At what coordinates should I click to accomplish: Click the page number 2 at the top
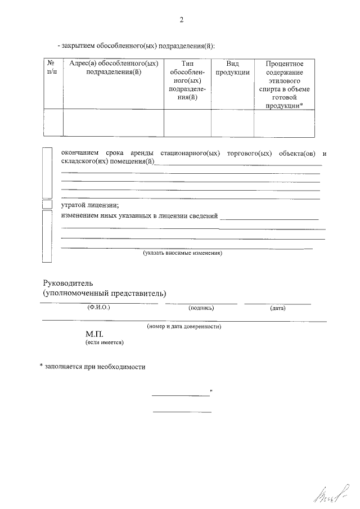pyautogui.click(x=181, y=20)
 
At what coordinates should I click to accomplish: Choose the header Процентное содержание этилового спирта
pyautogui.click(x=285, y=84)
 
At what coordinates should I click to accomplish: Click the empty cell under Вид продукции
pyautogui.click(x=232, y=123)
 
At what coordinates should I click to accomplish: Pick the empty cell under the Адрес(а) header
pyautogui.click(x=113, y=123)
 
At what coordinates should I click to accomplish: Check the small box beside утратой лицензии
pyautogui.click(x=48, y=205)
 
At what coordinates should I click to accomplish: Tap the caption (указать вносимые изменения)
pyautogui.click(x=183, y=253)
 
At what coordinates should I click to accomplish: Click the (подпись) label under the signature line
pyautogui.click(x=201, y=308)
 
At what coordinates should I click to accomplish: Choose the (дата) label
pyautogui.click(x=278, y=308)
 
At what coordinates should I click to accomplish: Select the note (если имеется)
pyautogui.click(x=104, y=342)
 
